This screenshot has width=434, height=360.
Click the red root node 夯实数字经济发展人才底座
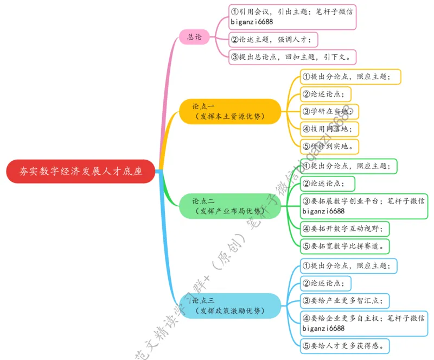(x=81, y=171)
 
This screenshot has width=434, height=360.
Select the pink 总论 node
(x=194, y=37)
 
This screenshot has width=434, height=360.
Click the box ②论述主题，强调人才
(x=273, y=39)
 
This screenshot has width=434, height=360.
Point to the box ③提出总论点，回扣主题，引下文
(x=292, y=56)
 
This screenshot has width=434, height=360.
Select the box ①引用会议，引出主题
(x=292, y=16)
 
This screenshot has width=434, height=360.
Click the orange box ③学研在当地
(x=329, y=111)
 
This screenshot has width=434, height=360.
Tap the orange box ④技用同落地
(x=329, y=128)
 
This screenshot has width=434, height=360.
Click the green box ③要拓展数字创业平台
(x=364, y=206)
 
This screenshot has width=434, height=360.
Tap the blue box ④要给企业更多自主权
(x=364, y=323)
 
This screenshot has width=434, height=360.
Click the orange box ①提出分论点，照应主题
(x=350, y=77)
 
